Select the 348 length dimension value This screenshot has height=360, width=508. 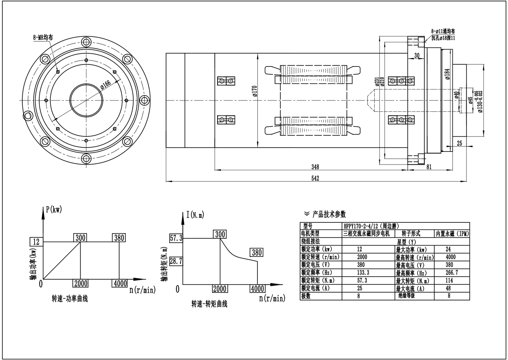click(x=315, y=167)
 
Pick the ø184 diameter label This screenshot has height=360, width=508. click(x=447, y=74)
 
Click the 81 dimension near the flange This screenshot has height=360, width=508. click(x=429, y=167)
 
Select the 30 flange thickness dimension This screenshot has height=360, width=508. click(x=417, y=55)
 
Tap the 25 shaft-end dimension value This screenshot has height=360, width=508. click(x=459, y=143)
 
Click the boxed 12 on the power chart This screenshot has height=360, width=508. click(x=36, y=241)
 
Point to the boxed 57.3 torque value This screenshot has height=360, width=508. click(x=176, y=238)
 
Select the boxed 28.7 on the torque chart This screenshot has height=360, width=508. click(x=176, y=261)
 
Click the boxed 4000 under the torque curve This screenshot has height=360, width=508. click(x=257, y=288)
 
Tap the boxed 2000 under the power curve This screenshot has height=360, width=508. click(x=80, y=283)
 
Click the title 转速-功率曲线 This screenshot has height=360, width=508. click(x=70, y=299)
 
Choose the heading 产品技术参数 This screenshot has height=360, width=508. click(x=329, y=214)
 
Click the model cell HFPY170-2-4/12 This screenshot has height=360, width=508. click(x=371, y=226)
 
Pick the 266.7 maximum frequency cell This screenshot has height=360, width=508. click(x=452, y=273)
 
